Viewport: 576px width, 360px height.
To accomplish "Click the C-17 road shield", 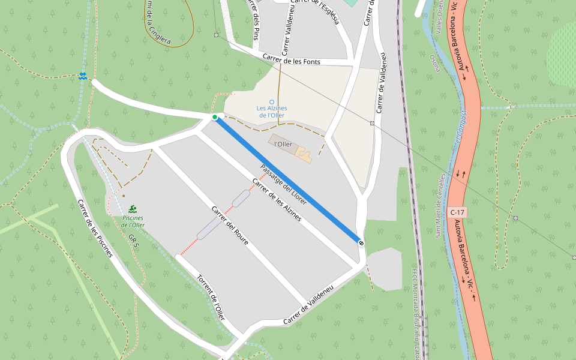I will (457, 212).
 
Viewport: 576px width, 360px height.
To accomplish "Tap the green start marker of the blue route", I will (215, 117).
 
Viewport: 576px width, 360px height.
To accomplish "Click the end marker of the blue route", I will (361, 242).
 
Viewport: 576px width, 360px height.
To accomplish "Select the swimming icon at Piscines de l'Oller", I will (132, 208).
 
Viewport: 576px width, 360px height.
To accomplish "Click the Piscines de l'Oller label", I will (133, 221).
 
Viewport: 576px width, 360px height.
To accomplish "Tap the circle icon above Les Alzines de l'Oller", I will (271, 101).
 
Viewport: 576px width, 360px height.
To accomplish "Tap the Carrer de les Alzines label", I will (277, 200).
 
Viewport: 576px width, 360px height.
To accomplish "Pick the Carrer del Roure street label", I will (230, 226).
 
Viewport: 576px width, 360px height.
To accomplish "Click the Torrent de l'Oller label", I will (211, 298).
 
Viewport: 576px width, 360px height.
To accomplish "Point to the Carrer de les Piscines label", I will (95, 229).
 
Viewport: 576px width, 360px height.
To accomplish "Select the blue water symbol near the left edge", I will (82, 76).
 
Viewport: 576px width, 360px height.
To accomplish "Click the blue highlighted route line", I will (288, 180).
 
